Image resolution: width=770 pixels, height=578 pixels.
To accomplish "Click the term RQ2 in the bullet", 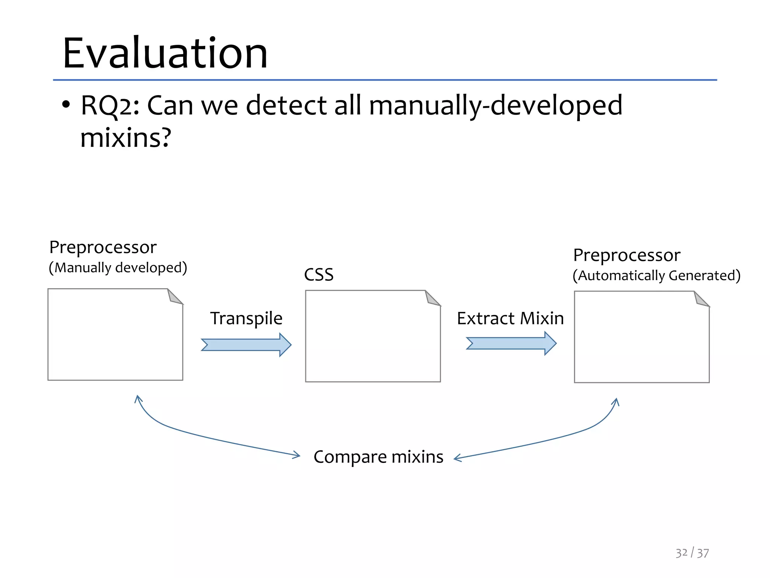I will tap(106, 106).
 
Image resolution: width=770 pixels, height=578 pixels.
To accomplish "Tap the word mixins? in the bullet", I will tap(126, 138).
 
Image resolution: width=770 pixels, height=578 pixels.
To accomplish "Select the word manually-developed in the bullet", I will tap(496, 106).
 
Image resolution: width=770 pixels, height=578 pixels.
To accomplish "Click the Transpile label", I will tap(246, 319).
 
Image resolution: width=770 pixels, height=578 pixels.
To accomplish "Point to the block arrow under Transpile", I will tap(246, 345).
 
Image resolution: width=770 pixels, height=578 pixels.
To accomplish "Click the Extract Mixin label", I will tap(510, 319).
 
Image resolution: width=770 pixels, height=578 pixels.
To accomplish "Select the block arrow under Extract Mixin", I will tap(511, 343).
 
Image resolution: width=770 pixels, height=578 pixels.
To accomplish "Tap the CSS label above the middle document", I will tap(318, 275).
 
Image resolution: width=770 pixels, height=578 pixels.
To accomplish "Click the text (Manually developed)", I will tap(118, 268).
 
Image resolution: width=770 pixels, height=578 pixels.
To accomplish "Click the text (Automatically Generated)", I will tap(656, 275).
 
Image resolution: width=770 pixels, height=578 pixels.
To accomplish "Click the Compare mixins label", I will tap(378, 457).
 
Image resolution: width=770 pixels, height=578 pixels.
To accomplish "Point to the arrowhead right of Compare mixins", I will tap(458, 458).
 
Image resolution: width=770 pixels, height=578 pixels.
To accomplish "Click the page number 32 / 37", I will tap(692, 553).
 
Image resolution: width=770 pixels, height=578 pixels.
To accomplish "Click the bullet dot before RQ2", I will tap(66, 104).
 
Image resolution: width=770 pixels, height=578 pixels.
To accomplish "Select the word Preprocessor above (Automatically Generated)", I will tap(626, 256).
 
